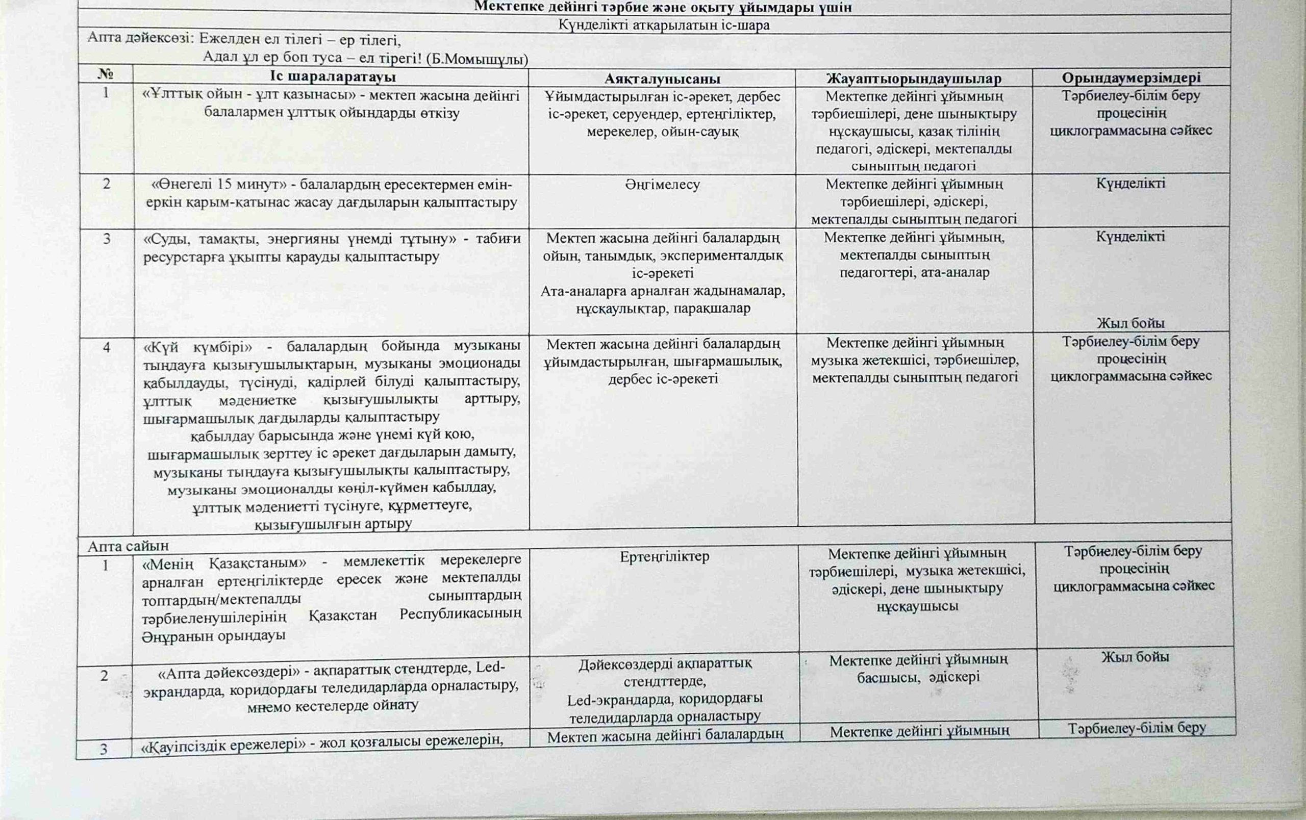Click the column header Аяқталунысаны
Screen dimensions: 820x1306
(x=662, y=79)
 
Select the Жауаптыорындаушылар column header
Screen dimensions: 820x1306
(x=914, y=79)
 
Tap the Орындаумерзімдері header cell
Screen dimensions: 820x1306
(x=1131, y=78)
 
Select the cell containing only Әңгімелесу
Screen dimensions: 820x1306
(x=662, y=184)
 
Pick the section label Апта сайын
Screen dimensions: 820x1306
(x=128, y=546)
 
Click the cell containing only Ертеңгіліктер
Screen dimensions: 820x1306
(x=664, y=556)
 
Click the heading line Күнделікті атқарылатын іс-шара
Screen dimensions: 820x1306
(x=664, y=25)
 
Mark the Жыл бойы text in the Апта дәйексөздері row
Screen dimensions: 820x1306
(x=1135, y=657)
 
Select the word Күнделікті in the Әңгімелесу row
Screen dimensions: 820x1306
(x=1131, y=183)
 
